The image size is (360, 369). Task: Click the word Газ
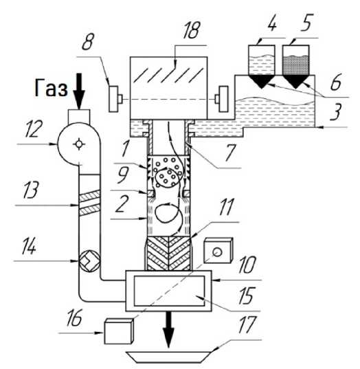(x=51, y=88)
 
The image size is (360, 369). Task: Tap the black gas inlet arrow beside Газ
(x=79, y=91)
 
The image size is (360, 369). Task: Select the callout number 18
(x=191, y=30)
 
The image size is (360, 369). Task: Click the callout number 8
(x=88, y=42)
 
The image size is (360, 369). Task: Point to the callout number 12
(x=33, y=128)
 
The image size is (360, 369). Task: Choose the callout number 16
(x=74, y=318)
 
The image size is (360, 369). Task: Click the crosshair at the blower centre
(x=78, y=144)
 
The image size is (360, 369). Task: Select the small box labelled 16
(x=119, y=331)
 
